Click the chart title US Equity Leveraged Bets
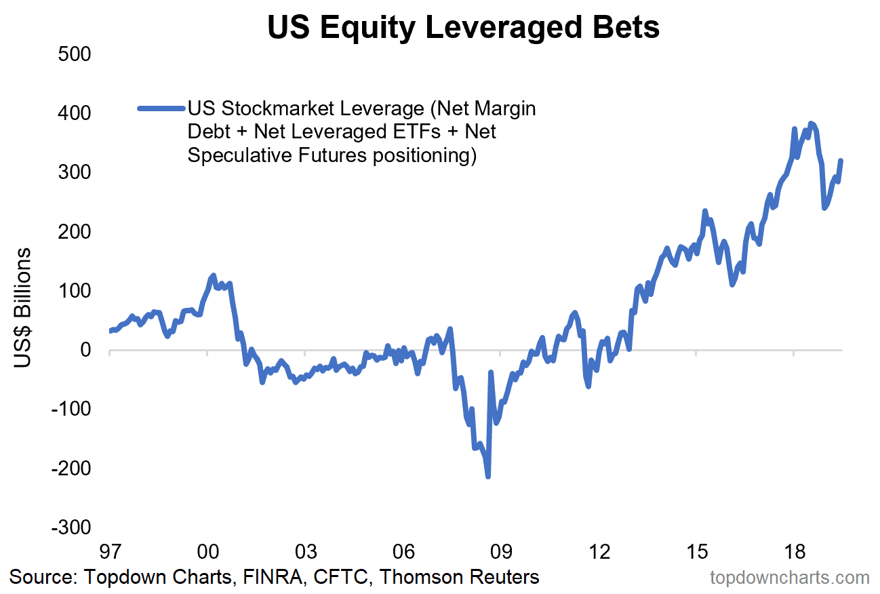point(463,28)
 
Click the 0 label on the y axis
point(85,350)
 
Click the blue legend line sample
point(161,108)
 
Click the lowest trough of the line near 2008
point(488,477)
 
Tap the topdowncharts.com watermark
point(789,578)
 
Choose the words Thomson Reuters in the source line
point(459,577)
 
